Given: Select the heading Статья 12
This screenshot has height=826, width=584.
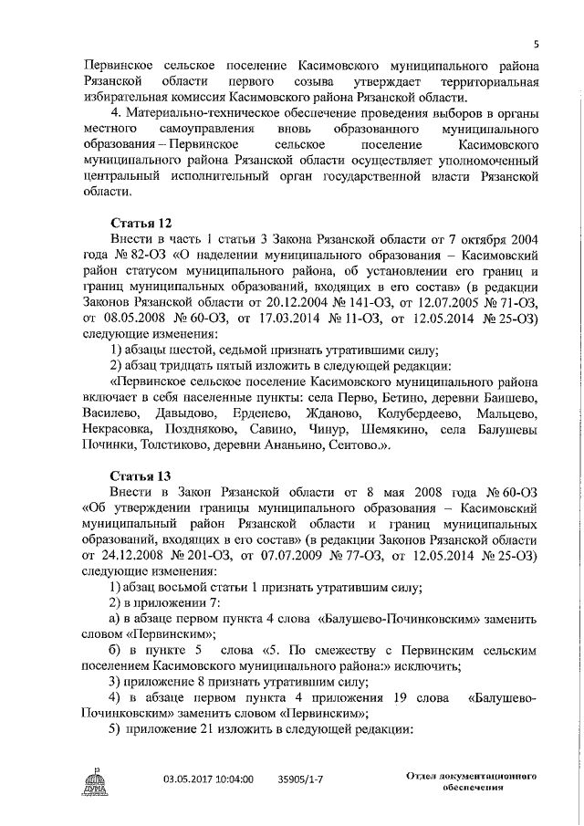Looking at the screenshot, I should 140,224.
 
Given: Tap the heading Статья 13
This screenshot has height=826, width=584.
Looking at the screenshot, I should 140,476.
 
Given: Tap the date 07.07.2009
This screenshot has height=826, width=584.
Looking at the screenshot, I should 305,554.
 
